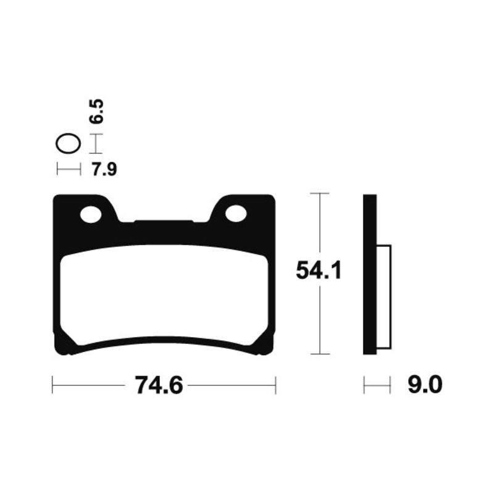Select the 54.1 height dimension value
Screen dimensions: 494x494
pyautogui.click(x=319, y=271)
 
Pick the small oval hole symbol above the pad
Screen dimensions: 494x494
pyautogui.click(x=68, y=144)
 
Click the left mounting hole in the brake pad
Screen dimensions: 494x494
pyautogui.click(x=91, y=214)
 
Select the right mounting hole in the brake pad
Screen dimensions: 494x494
pyautogui.click(x=236, y=214)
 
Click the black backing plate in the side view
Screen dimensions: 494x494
pyautogui.click(x=369, y=275)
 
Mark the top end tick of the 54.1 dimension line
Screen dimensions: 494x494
pyautogui.click(x=319, y=194)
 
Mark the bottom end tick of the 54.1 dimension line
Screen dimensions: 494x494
pyautogui.click(x=319, y=354)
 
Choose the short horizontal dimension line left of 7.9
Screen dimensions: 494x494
pyautogui.click(x=68, y=169)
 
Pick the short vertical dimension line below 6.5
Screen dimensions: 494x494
pyautogui.click(x=95, y=144)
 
